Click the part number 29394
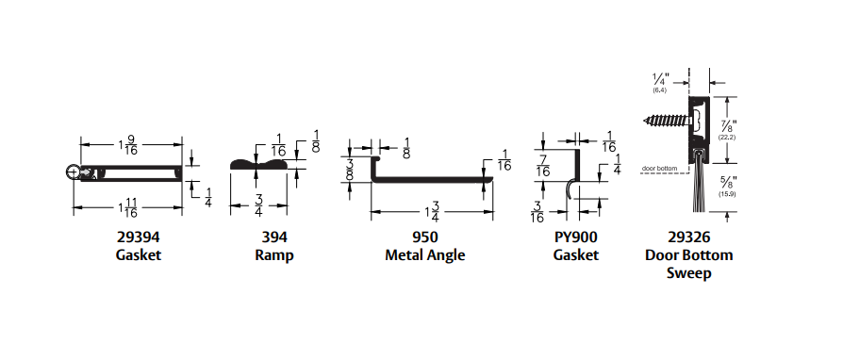(139, 237)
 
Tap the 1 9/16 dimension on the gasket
(128, 144)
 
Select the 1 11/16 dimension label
(127, 207)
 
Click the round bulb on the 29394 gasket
(74, 172)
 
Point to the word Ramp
(274, 254)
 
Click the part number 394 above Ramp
(274, 237)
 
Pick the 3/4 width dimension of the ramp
(258, 205)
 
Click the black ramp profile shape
(258, 164)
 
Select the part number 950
(424, 237)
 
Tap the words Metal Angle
(424, 254)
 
